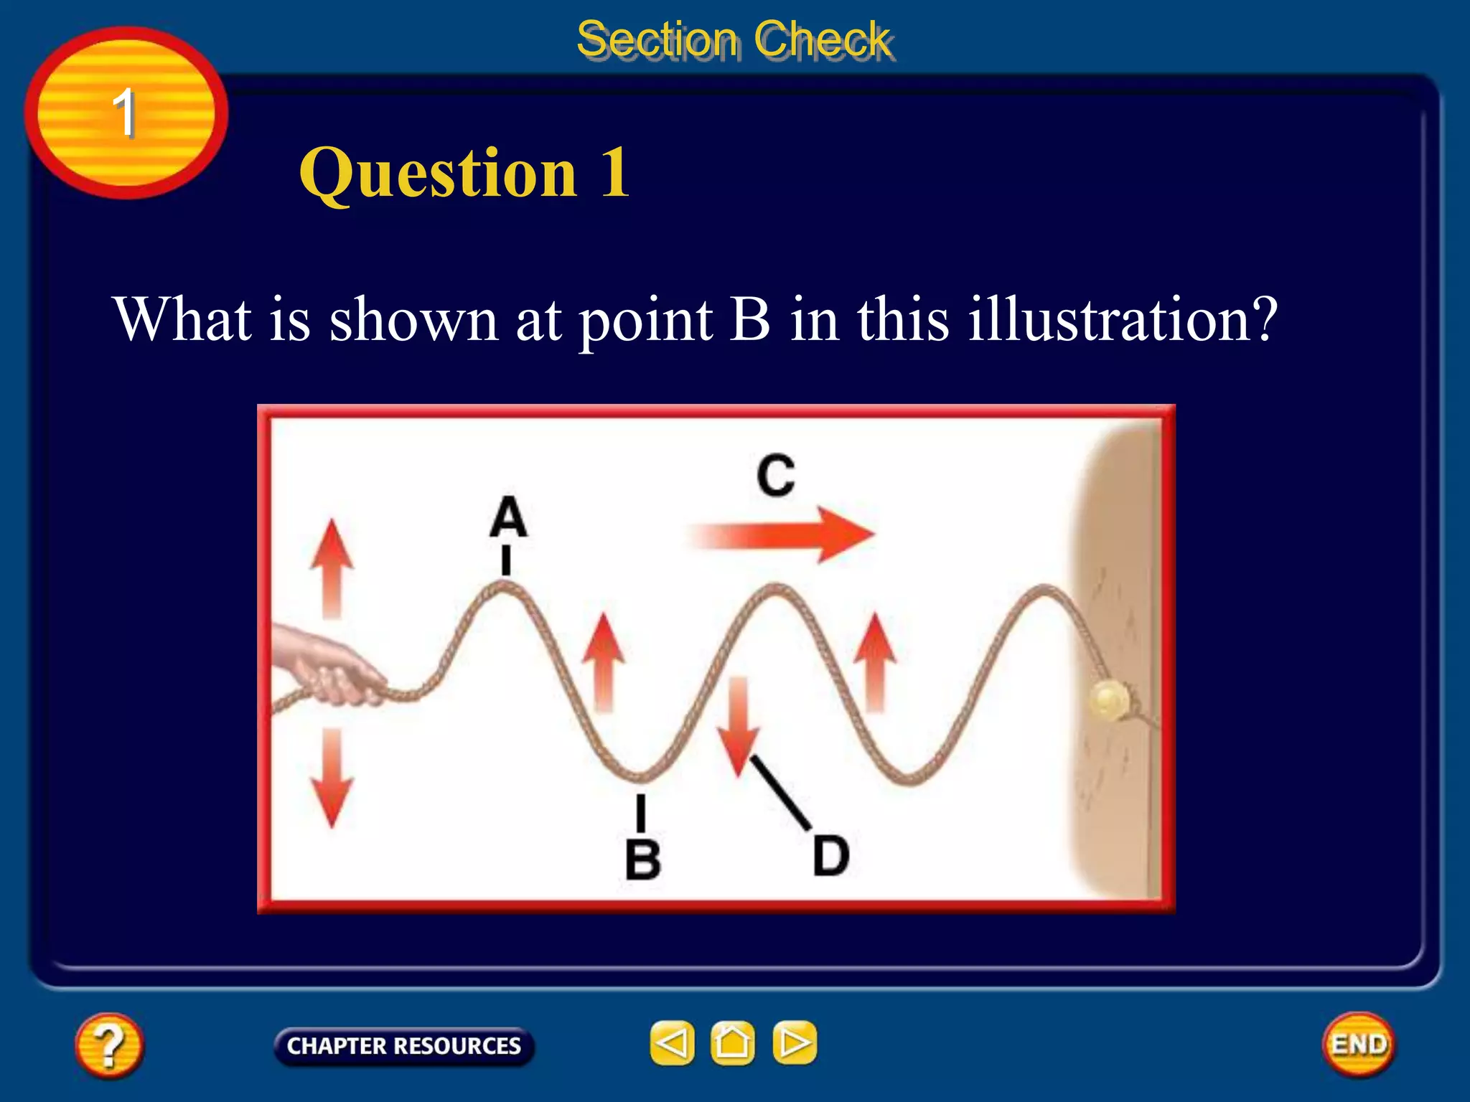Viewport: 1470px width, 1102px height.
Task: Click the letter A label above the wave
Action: point(508,517)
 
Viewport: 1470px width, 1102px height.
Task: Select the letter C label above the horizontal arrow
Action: point(776,476)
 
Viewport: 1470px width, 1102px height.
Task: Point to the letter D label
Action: point(831,855)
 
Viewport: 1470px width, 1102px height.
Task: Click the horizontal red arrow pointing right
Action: point(782,534)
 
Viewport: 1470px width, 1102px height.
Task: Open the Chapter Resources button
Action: point(404,1046)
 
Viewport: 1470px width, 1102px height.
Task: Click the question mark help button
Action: point(108,1045)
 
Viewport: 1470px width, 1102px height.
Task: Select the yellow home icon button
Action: point(732,1043)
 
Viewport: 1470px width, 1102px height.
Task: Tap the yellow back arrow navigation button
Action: point(672,1043)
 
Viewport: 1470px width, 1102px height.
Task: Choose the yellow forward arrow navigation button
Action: point(794,1043)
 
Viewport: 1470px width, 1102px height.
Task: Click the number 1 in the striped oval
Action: point(125,113)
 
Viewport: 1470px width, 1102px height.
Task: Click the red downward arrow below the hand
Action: point(332,778)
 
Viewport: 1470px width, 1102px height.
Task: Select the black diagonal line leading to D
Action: point(781,793)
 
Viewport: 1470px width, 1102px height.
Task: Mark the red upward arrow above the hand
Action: point(332,567)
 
